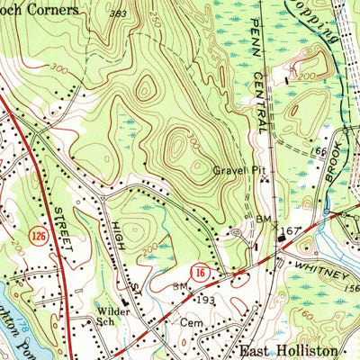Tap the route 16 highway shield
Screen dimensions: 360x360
pos(201,270)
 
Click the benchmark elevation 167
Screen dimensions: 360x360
pos(288,232)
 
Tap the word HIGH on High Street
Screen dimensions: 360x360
pos(118,219)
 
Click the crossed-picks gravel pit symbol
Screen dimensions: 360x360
pos(265,179)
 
